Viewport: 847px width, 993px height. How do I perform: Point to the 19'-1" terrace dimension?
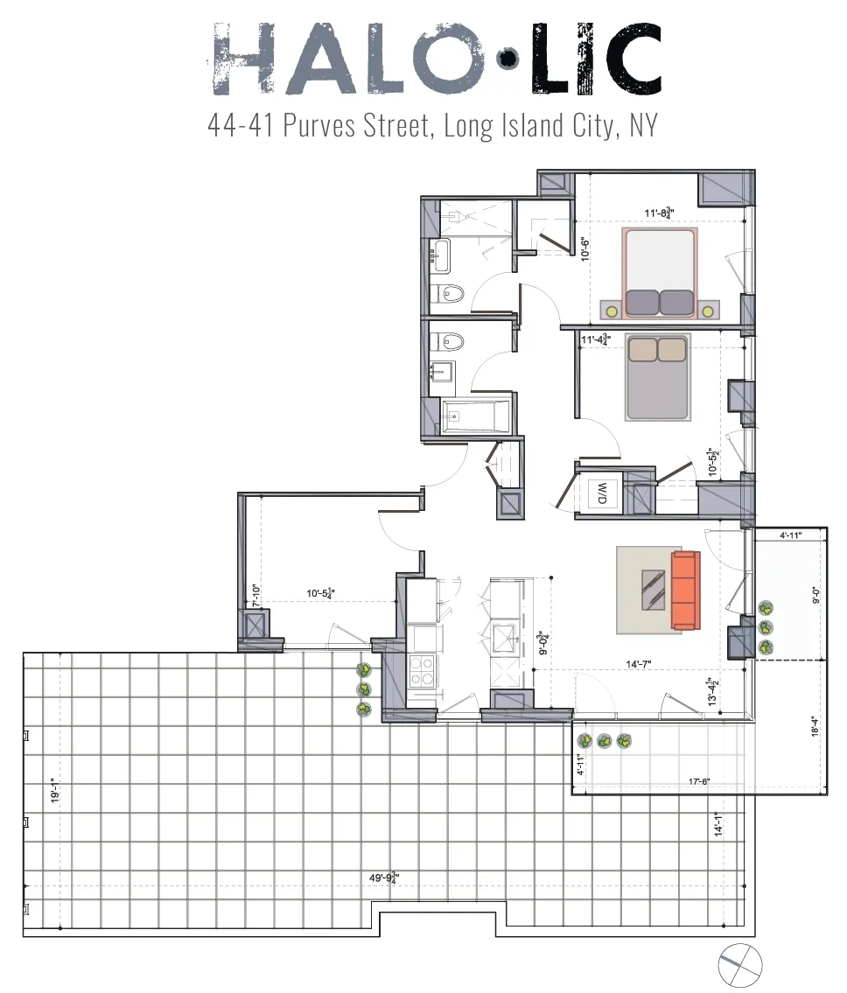point(54,790)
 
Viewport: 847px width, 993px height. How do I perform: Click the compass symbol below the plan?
point(740,967)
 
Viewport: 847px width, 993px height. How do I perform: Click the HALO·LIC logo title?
point(434,59)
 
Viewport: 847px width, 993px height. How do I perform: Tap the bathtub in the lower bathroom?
point(474,417)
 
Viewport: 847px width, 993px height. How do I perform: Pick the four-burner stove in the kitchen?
point(423,670)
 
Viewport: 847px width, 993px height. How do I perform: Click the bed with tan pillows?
point(658,376)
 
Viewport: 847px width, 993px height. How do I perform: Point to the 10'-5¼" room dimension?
point(321,593)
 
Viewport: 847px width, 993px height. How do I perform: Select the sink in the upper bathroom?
point(439,255)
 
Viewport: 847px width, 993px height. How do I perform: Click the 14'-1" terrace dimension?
point(717,824)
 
